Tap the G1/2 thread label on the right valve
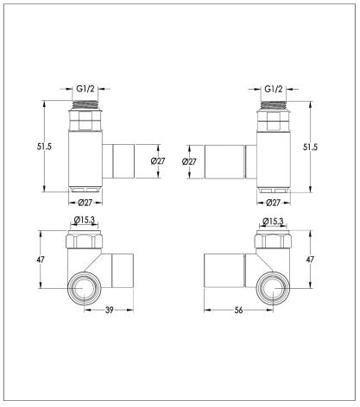pos(273,89)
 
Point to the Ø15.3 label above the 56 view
pos(275,222)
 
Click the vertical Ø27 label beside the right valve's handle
pos(190,161)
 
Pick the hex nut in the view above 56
pos(274,241)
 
